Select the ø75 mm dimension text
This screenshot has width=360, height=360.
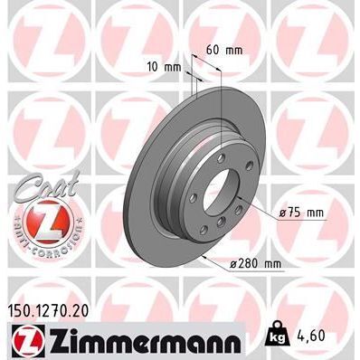pos(302,213)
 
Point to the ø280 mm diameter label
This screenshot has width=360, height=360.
pos(243,263)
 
